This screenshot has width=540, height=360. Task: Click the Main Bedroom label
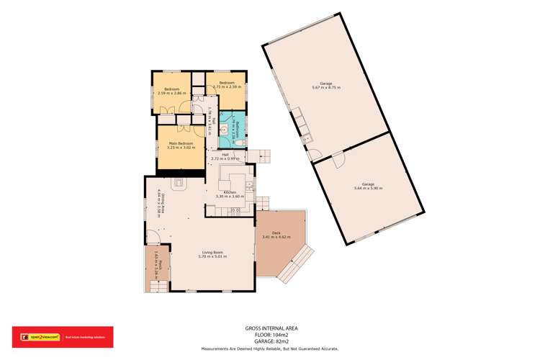pos(176,143)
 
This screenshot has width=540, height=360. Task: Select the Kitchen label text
pos(230,192)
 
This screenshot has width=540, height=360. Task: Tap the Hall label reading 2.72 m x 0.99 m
pos(225,158)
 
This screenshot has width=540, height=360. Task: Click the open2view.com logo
pos(37,335)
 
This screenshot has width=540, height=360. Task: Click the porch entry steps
pos(159,287)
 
